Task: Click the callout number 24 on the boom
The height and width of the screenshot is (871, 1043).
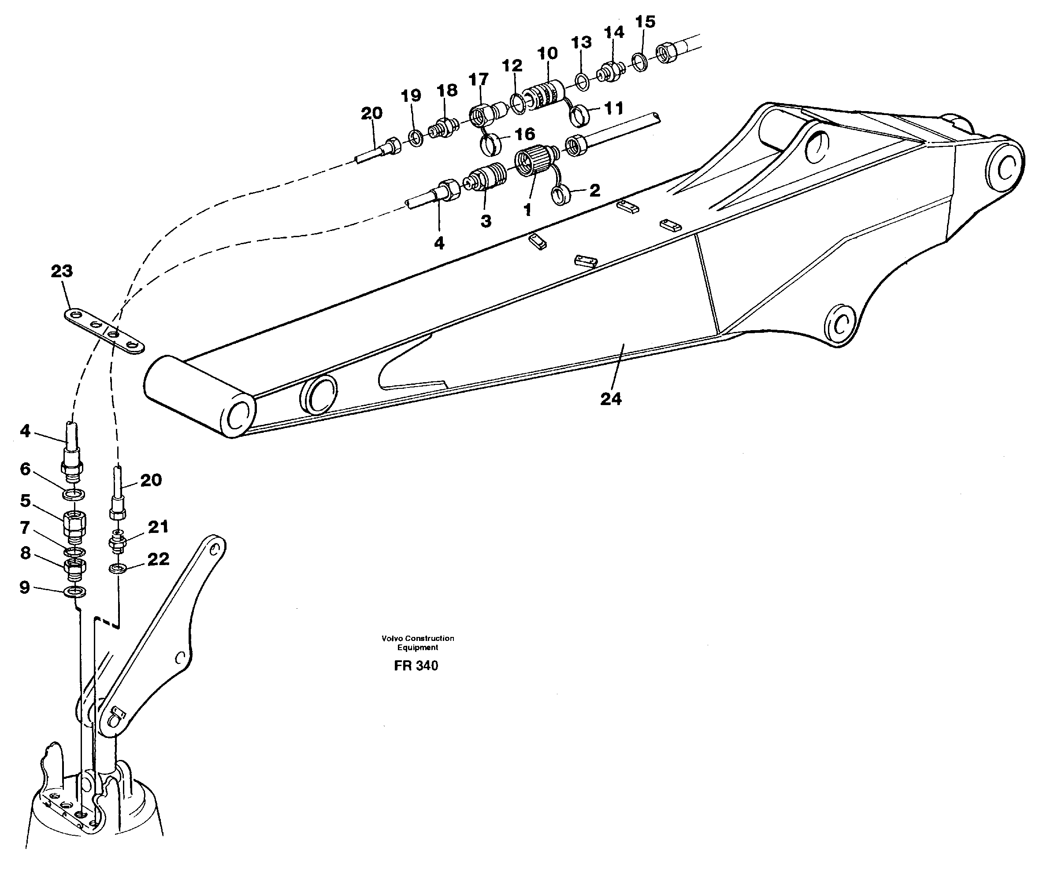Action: coord(610,398)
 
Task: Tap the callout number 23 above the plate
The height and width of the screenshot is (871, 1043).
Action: coord(62,271)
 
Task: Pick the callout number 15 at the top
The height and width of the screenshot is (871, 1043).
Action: coord(645,22)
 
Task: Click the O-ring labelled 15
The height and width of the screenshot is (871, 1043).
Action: coord(640,63)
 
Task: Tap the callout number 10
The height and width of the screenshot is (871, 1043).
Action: coord(547,53)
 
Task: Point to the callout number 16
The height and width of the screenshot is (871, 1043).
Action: coord(524,134)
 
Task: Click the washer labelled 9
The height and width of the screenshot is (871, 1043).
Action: coord(75,592)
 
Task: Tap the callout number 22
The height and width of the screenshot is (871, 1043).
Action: coord(159,559)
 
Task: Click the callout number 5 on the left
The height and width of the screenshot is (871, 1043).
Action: coord(25,500)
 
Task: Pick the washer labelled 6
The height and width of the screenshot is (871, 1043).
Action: coord(74,495)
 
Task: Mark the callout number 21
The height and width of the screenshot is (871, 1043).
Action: coord(159,527)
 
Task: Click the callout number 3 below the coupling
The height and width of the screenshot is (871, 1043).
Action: coord(486,221)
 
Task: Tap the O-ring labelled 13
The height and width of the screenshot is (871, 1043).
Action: coord(583,82)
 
